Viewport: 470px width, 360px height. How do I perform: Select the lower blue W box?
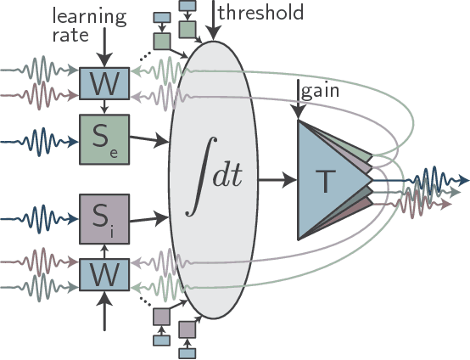(104, 273)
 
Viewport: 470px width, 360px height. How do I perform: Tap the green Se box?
(104, 139)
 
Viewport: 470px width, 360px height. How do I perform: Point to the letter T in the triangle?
(326, 180)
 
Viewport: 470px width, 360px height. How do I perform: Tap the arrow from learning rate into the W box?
(104, 49)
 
